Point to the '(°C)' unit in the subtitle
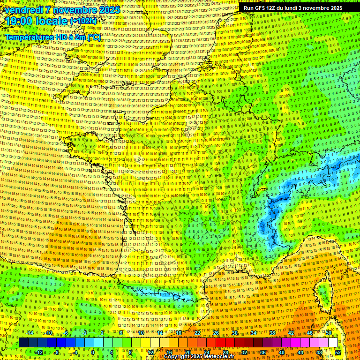pos(92,37)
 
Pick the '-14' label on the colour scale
pos(29,333)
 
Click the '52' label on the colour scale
pos(338,352)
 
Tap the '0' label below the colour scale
pos(93,352)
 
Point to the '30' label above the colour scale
pos(234,333)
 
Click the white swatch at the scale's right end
pos(333,343)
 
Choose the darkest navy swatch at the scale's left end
pos(23,343)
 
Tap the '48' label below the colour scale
pos(319,352)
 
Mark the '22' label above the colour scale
pos(197,333)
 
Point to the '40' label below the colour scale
pos(281,352)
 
